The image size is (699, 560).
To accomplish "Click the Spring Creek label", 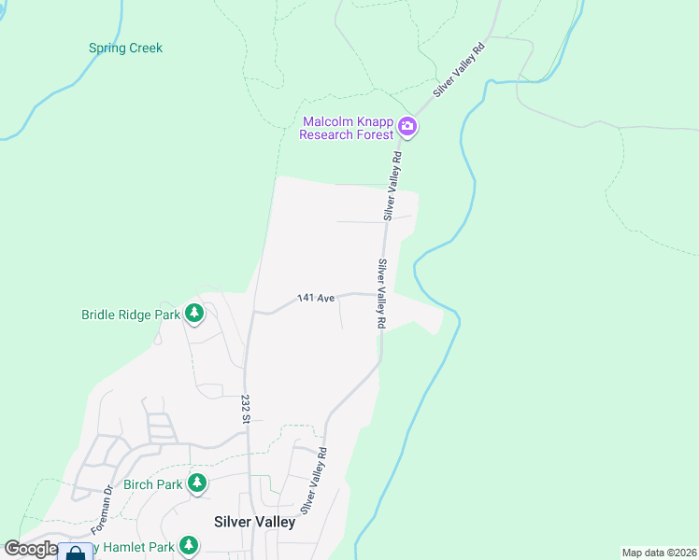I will pyautogui.click(x=125, y=48).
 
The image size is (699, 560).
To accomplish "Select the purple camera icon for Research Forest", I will pyautogui.click(x=407, y=126).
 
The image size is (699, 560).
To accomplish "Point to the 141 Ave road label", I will pyautogui.click(x=316, y=299).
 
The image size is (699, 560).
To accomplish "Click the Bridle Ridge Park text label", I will pyautogui.click(x=130, y=315).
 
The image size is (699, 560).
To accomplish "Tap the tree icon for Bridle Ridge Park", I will pyautogui.click(x=194, y=314).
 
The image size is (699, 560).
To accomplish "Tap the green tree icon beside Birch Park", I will pyautogui.click(x=196, y=483).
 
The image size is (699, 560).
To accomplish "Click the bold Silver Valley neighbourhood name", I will pyautogui.click(x=254, y=522).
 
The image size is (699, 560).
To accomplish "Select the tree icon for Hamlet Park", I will pyautogui.click(x=189, y=545).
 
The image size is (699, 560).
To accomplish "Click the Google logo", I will pyautogui.click(x=31, y=549).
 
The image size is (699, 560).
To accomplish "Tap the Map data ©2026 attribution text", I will pyautogui.click(x=659, y=553).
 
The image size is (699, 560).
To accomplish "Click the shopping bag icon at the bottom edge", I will pyautogui.click(x=75, y=553).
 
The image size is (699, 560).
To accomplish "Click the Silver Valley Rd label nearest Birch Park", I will pyautogui.click(x=312, y=481).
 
